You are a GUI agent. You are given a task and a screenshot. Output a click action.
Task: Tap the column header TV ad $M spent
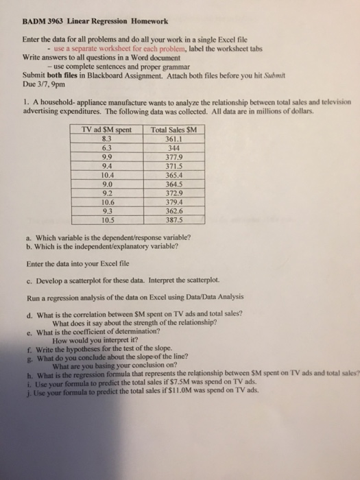[106, 130]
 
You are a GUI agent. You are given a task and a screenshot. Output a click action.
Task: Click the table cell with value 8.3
[106, 139]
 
